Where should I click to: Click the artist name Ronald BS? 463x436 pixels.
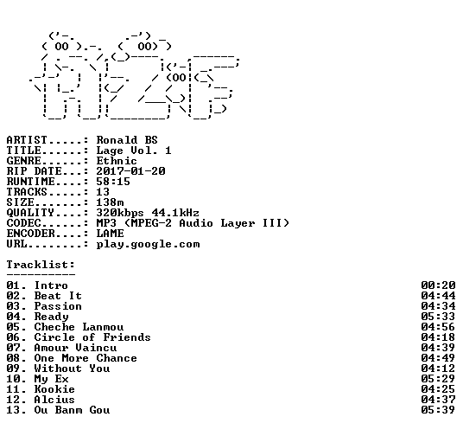(127, 140)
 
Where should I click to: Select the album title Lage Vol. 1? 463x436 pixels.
(134, 151)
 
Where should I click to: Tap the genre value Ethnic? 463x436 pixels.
(117, 161)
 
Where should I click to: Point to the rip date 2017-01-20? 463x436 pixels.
(130, 171)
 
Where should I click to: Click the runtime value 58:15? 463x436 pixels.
(113, 182)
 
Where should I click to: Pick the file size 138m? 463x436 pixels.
(110, 202)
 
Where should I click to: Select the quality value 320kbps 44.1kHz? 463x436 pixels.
(148, 213)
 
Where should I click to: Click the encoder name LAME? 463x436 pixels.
(110, 234)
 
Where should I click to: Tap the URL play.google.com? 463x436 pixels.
(148, 244)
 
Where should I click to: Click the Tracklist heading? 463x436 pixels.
(41, 265)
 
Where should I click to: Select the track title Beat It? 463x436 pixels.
(58, 296)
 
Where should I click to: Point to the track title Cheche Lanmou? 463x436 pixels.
(79, 327)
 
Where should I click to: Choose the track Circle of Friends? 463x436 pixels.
(92, 337)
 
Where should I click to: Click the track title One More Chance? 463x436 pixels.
(86, 358)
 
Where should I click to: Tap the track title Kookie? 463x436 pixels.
(54, 389)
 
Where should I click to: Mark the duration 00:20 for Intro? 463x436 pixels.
(438, 285)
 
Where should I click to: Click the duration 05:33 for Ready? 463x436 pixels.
(438, 317)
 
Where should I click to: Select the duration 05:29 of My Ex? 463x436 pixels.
(438, 379)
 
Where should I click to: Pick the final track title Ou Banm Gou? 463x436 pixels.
(72, 410)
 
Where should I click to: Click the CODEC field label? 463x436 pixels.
(23, 223)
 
